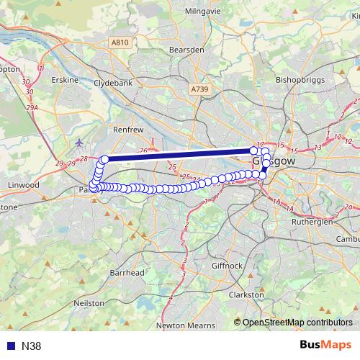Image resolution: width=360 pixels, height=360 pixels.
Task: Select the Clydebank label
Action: (114, 83)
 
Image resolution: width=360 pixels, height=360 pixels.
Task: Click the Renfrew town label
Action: (129, 130)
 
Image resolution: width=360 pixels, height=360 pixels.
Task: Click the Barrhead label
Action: (127, 273)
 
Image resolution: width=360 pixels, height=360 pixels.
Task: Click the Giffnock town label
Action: (228, 265)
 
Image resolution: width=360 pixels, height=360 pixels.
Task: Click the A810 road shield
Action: (120, 43)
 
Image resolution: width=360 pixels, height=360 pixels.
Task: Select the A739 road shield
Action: (199, 89)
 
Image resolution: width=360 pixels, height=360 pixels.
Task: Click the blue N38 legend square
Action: (10, 346)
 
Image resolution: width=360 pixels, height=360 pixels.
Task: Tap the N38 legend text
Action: (31, 346)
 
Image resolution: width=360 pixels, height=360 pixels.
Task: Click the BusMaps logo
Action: (325, 345)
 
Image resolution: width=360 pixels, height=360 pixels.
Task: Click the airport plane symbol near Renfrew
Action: (78, 142)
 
